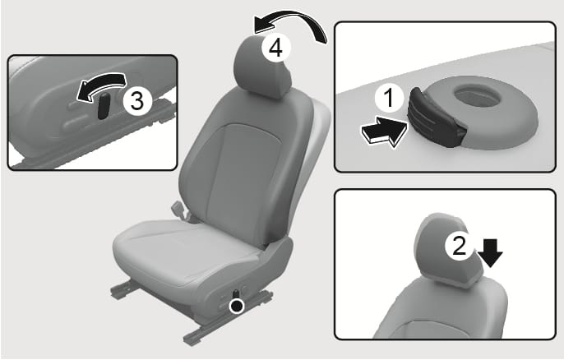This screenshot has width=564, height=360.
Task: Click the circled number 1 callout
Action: [x=389, y=98]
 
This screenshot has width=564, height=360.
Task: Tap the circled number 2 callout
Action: [x=459, y=247]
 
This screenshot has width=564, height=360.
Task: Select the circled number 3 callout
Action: [x=137, y=101]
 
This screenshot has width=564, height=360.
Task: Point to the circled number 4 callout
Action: [x=275, y=48]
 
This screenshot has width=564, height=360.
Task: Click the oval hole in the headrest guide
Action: [x=477, y=95]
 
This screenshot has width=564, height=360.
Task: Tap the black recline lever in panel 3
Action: [x=104, y=105]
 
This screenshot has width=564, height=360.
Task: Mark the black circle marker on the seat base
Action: [x=237, y=306]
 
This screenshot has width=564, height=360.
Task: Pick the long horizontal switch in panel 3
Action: [x=75, y=123]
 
